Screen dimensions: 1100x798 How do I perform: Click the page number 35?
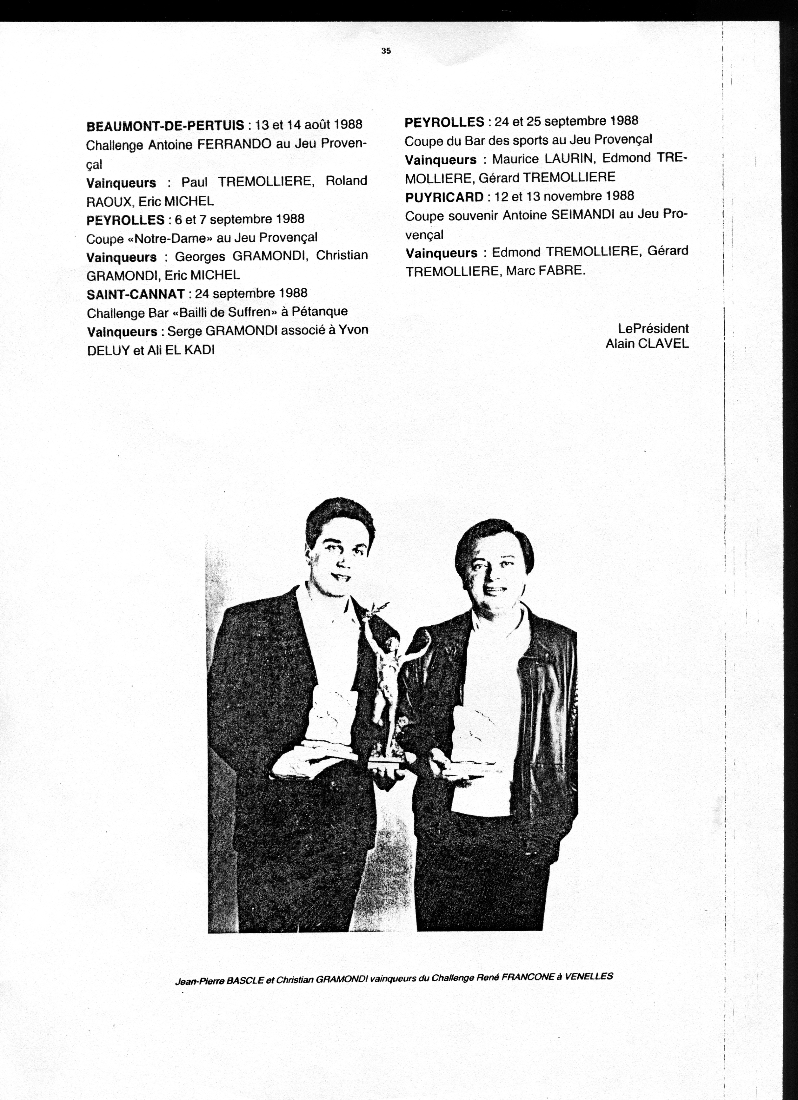[x=386, y=50]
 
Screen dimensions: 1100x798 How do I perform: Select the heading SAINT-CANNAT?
[x=136, y=294]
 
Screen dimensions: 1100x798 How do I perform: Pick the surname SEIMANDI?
[x=582, y=215]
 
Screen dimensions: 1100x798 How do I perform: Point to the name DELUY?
[x=106, y=350]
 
